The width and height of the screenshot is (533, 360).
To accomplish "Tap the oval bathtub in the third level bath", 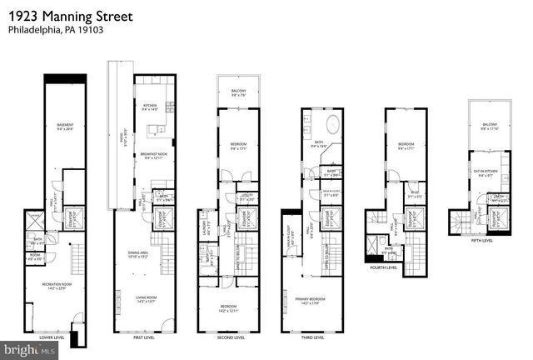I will coord(332,127).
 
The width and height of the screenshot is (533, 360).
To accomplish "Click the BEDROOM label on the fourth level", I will coord(406,146).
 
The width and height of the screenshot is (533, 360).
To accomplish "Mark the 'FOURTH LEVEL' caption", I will coord(387,268).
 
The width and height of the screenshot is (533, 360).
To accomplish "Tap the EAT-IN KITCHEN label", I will coord(485,172).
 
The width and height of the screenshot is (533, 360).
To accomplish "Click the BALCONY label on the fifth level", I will coord(489,127).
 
